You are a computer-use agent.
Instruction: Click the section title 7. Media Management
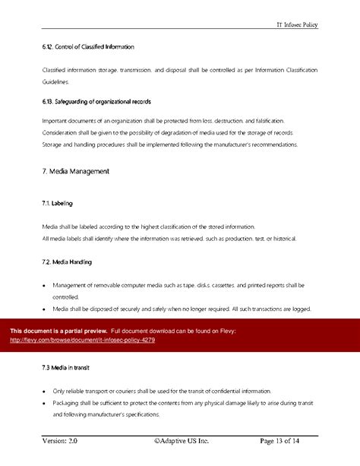pyautogui.click(x=76, y=172)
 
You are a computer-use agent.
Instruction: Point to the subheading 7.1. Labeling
pyautogui.click(x=58, y=204)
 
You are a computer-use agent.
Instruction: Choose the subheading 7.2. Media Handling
pyautogui.click(x=68, y=262)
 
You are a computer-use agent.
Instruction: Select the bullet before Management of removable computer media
pyautogui.click(x=45, y=286)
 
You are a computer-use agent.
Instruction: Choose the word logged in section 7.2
pyautogui.click(x=302, y=309)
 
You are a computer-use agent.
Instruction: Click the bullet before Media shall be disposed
pyautogui.click(x=45, y=309)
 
